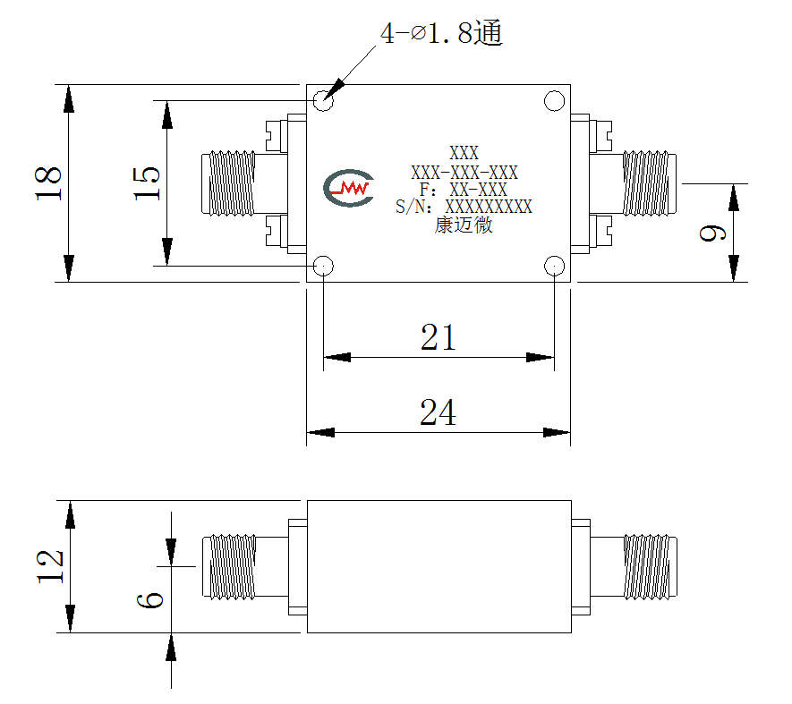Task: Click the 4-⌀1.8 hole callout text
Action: pos(441,33)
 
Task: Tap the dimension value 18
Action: pos(48,182)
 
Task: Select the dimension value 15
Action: pos(147,182)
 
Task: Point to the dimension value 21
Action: pos(439,337)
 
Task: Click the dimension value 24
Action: pos(438,412)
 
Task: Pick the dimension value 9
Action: pos(712,233)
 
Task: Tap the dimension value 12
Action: pos(50,566)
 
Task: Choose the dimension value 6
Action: pos(150,600)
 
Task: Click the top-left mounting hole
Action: pos(323,100)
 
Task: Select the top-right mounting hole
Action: pos(554,100)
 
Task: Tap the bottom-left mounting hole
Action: pos(323,266)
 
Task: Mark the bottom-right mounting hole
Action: pos(554,266)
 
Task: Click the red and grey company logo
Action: pos(348,188)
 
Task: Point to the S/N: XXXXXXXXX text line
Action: pos(464,207)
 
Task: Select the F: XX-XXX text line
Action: pos(464,190)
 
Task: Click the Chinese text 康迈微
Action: pos(464,225)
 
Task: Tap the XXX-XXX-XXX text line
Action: pos(464,173)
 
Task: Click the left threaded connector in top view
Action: pos(228,182)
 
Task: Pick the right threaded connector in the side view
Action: pos(651,566)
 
